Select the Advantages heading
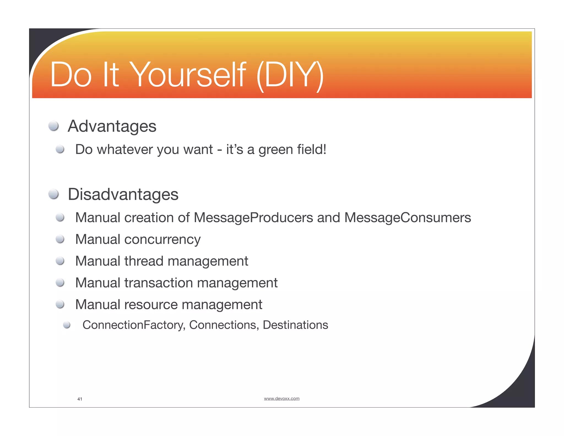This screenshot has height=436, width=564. coord(112,126)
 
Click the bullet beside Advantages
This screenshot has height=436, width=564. coord(53,126)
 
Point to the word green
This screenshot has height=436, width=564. coord(276,150)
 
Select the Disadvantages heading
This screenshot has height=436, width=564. coord(123,194)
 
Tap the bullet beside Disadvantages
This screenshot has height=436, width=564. coord(53,194)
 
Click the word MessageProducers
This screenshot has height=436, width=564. coord(253,218)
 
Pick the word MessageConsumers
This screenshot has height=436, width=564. coord(408,218)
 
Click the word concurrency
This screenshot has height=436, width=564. coord(162,239)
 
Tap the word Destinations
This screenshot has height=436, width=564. coord(295,325)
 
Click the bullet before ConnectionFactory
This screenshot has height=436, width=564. coord(67,325)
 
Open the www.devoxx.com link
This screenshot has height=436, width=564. coord(281,399)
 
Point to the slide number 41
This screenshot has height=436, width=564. coord(80,399)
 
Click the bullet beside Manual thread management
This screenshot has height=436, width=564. coord(60,261)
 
